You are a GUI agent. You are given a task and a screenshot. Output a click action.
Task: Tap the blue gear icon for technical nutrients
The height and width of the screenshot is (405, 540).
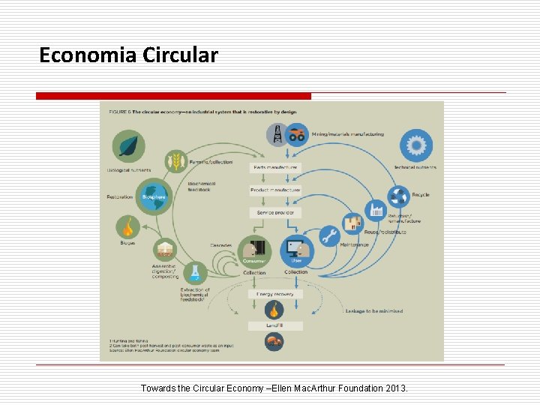click(415, 144)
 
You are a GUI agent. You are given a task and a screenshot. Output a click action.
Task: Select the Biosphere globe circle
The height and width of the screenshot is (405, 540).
click(154, 196)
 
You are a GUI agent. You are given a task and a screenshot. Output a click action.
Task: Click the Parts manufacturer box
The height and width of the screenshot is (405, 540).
click(275, 167)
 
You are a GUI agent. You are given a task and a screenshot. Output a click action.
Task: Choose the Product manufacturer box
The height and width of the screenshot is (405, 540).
click(275, 190)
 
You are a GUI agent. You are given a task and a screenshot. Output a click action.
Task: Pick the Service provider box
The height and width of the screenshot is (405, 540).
click(275, 213)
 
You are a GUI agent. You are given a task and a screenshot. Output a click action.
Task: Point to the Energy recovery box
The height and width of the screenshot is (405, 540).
click(275, 294)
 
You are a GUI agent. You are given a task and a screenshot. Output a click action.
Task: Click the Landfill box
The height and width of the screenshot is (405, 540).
click(275, 325)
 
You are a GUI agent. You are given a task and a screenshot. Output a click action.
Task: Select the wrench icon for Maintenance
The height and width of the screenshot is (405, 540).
click(329, 236)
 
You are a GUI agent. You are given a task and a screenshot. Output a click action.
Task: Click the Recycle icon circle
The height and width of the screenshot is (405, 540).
click(399, 196)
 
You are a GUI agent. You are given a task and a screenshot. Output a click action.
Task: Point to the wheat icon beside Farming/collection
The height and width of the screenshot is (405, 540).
click(177, 160)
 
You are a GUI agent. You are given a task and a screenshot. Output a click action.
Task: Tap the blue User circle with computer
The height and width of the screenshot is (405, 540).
click(296, 252)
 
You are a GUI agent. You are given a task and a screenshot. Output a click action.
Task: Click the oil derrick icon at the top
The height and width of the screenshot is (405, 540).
click(277, 135)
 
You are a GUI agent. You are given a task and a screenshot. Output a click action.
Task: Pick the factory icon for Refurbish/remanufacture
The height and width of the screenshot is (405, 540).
click(376, 209)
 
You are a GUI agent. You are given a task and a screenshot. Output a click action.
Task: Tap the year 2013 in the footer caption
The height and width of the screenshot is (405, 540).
click(394, 388)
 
